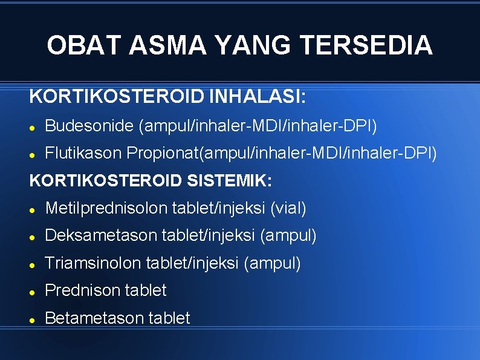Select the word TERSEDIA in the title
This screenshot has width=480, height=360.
tap(366, 45)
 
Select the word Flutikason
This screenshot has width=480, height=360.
tap(84, 153)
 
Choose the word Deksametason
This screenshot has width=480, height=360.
tap(102, 235)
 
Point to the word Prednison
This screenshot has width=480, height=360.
tap(82, 290)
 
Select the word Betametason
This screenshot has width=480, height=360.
tap(93, 318)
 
